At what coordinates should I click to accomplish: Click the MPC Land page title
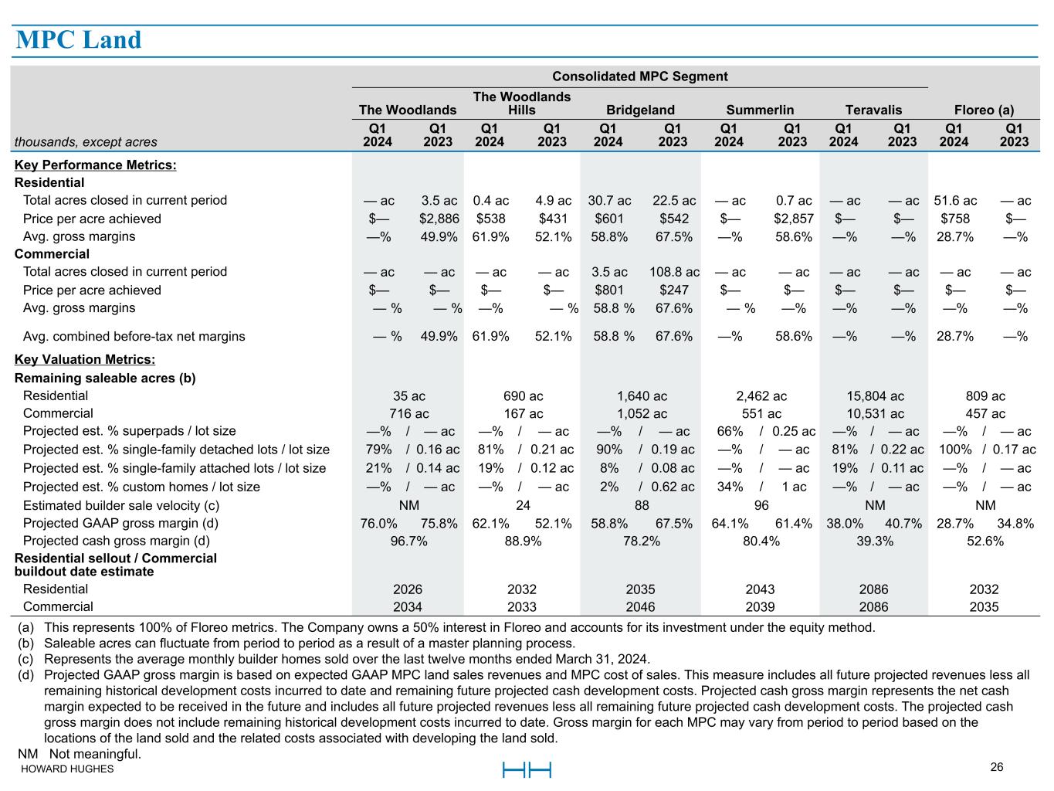tap(79, 39)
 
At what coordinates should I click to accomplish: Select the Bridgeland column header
tap(640, 110)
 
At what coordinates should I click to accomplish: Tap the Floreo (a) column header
tap(984, 110)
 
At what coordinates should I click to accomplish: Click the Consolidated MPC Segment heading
tap(639, 76)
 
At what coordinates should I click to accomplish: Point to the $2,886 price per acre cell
tap(439, 219)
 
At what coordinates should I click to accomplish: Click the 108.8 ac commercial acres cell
tap(674, 273)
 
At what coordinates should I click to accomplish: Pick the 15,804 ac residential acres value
tap(875, 396)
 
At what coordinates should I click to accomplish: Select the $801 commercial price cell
tap(609, 290)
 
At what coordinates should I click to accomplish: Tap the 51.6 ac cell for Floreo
tap(955, 201)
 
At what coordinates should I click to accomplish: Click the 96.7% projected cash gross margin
tap(408, 541)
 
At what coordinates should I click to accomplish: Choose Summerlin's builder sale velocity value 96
tap(761, 505)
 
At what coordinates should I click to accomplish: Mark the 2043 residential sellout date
tap(760, 589)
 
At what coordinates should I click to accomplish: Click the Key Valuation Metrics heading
tap(84, 360)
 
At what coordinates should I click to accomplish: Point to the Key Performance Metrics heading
tap(95, 165)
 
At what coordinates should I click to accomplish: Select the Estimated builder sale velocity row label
tap(121, 506)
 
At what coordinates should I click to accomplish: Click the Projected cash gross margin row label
tap(116, 541)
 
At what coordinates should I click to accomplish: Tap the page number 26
tap(996, 767)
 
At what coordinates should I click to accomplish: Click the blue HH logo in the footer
tap(527, 770)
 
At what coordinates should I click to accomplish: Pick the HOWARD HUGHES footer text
tap(67, 769)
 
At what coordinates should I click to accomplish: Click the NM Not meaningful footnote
tap(80, 754)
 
